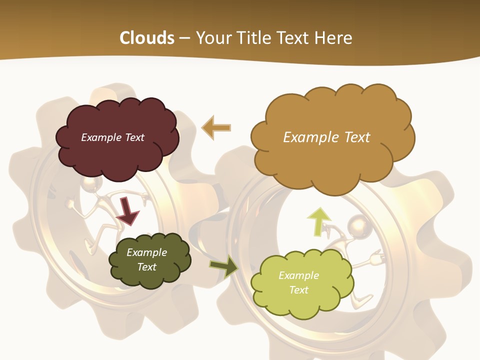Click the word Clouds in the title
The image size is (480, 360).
tap(147, 38)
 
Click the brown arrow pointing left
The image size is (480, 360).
tap(216, 128)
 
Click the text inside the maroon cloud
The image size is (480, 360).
tap(112, 137)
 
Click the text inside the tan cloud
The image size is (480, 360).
tap(326, 137)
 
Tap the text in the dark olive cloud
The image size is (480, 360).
tap(146, 259)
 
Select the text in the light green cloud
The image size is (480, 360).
tap(298, 282)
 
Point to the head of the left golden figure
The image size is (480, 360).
tap(90, 185)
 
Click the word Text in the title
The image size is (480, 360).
tap(295, 38)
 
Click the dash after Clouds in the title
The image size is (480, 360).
tap(184, 38)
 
